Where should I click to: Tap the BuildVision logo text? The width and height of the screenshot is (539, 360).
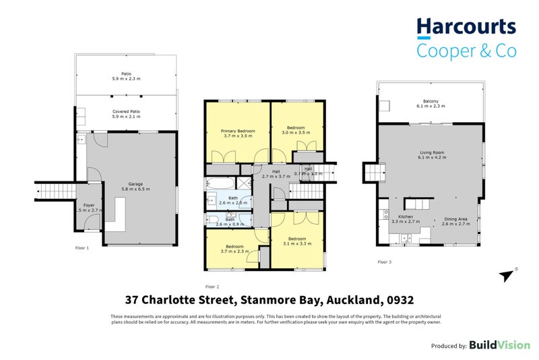coord(499,345)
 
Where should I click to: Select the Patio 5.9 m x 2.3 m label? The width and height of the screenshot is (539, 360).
coord(127,76)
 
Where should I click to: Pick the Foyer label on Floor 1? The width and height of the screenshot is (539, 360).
coord(89,208)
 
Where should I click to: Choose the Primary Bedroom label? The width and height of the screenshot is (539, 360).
coord(238,132)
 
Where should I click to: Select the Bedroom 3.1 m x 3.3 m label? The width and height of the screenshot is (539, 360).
coord(297,241)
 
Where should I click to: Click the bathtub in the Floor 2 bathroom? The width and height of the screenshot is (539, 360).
coord(221,183)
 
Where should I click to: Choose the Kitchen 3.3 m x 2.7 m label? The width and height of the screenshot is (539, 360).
coord(407,219)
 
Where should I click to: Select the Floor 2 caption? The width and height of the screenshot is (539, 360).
coord(212,286)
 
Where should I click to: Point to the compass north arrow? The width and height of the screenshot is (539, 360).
coord(506,275)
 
